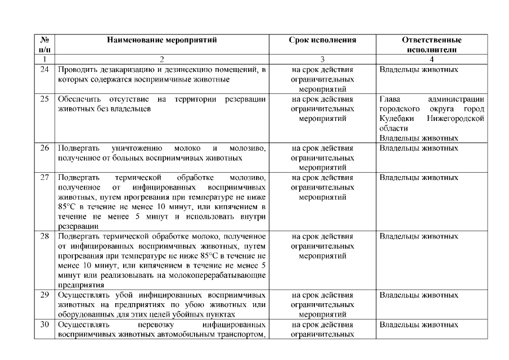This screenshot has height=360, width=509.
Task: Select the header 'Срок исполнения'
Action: (x=322, y=40)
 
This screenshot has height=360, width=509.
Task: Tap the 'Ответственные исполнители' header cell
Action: (x=432, y=45)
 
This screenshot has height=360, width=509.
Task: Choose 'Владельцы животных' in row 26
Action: (x=418, y=148)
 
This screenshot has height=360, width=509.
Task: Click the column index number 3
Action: (x=322, y=58)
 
